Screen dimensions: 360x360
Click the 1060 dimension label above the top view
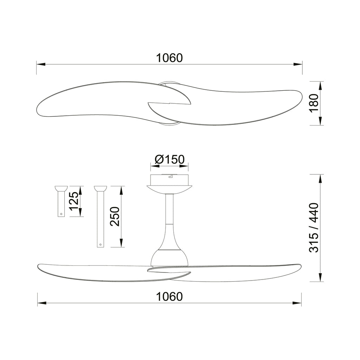pyautogui.click(x=169, y=58)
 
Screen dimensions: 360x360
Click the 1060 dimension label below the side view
pyautogui.click(x=169, y=297)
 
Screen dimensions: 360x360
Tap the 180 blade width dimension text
pyautogui.click(x=314, y=103)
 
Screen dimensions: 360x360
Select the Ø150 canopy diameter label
pyautogui.click(x=170, y=159)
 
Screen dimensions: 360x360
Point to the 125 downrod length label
pyautogui.click(x=74, y=201)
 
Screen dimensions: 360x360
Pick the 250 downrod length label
pyautogui.click(x=115, y=217)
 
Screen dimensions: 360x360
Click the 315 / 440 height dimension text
pyautogui.click(x=314, y=228)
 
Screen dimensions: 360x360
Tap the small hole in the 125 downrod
pyautogui.click(x=61, y=214)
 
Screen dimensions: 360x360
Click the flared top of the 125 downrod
pyautogui.click(x=61, y=189)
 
